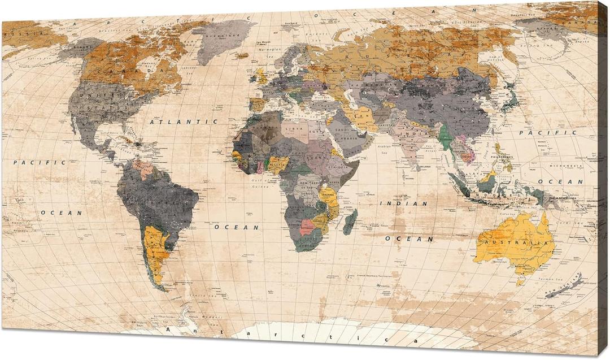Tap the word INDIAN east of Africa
click(x=403, y=203)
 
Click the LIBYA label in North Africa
click(x=295, y=129)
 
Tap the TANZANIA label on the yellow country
click(x=328, y=194)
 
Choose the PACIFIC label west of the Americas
click(x=32, y=162)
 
